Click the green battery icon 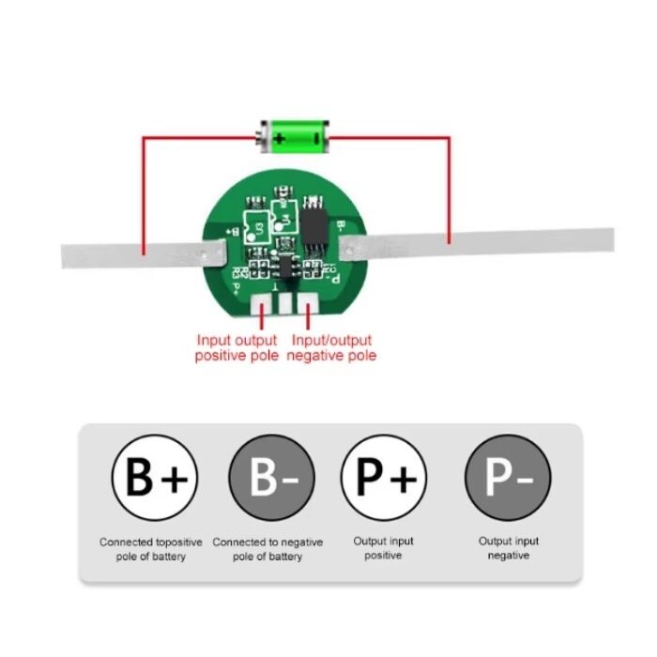click(295, 137)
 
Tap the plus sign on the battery click(279, 137)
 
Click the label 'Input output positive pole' click(237, 348)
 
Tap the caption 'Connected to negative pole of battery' click(267, 549)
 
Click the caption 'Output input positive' click(383, 548)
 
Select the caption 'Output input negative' click(508, 548)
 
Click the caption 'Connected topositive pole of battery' click(150, 549)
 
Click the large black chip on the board click(313, 222)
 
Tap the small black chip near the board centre click(284, 265)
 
